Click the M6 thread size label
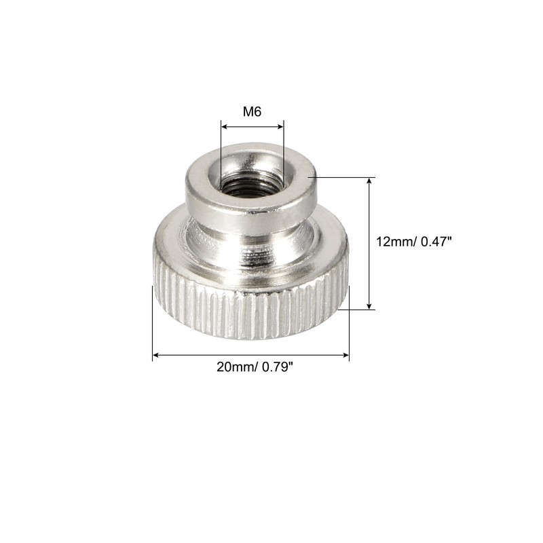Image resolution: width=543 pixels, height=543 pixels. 252,111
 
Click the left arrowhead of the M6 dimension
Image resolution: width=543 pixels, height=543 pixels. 225,126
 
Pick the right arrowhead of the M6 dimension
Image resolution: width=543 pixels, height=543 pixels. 280,126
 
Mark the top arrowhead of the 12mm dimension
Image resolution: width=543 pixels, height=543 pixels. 370,183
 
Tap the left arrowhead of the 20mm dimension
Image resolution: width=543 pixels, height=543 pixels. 156,354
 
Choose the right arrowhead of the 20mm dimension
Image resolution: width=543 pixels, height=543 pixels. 345,354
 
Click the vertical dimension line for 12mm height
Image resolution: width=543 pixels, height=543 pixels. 370,224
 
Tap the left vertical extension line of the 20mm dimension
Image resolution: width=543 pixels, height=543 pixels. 152,326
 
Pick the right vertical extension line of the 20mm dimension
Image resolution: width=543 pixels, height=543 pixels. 349,333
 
